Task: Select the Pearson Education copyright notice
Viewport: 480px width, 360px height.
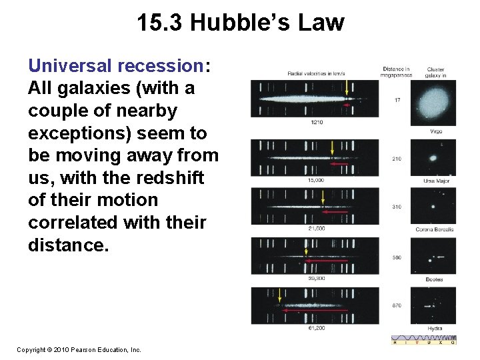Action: point(79,349)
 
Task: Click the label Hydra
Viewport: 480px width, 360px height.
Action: point(435,328)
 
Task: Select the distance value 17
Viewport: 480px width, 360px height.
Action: point(397,101)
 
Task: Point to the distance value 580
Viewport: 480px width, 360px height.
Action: point(397,257)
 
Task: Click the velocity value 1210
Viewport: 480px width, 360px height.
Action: point(318,122)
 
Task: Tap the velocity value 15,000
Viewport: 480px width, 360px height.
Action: point(317,180)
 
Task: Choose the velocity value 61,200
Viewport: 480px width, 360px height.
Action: point(317,328)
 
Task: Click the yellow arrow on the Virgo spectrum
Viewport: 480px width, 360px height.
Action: point(347,87)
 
